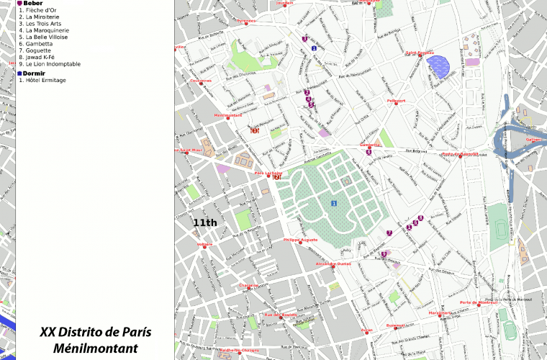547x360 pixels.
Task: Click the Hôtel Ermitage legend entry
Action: (45, 80)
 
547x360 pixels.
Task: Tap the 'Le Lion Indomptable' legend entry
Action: (53, 64)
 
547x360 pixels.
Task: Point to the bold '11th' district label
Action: (205, 223)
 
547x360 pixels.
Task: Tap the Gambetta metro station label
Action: (370, 145)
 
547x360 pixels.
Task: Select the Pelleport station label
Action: (396, 102)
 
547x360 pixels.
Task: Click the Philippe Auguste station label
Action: (300, 240)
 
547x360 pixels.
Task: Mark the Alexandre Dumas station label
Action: (333, 264)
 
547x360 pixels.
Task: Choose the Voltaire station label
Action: (205, 245)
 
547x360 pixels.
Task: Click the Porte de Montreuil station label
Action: (480, 302)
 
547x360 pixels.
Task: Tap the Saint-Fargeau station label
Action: (420, 53)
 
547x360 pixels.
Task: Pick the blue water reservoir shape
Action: (438, 67)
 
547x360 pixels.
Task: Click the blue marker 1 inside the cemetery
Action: (334, 204)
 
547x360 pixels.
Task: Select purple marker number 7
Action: (389, 233)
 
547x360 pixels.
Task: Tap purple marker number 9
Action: (384, 253)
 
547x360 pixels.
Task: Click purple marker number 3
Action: (305, 39)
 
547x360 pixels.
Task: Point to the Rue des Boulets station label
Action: (281, 315)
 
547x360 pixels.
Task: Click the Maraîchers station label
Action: (439, 313)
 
